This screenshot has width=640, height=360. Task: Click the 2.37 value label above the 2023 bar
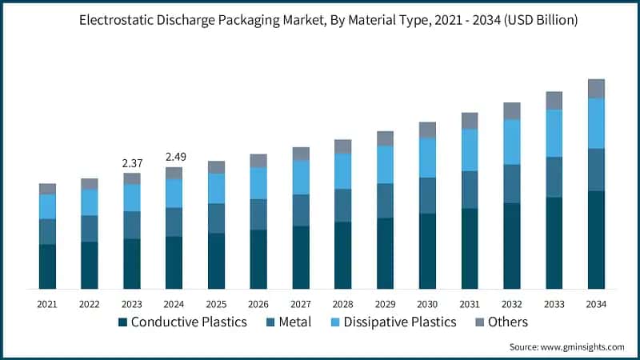[132, 163]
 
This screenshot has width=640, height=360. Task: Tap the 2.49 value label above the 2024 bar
[174, 157]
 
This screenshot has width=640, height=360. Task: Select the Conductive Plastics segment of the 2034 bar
[596, 239]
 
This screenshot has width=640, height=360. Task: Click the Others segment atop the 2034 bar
[596, 89]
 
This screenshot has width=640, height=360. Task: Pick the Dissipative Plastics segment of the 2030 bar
[427, 158]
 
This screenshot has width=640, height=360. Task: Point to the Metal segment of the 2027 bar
[301, 210]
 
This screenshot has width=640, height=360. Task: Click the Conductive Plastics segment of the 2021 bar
[47, 266]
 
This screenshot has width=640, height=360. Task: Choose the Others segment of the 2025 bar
[216, 167]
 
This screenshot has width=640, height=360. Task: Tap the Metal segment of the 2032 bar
[511, 183]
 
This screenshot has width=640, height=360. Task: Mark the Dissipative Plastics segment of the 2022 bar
[90, 202]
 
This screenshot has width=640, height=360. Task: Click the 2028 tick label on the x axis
[342, 304]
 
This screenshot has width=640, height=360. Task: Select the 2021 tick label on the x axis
[47, 304]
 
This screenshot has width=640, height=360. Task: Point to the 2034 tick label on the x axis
[596, 304]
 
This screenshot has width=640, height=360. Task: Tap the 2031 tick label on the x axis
[470, 304]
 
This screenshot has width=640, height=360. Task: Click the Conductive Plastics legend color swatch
[122, 322]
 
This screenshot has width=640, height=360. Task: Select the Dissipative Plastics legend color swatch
[338, 322]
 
